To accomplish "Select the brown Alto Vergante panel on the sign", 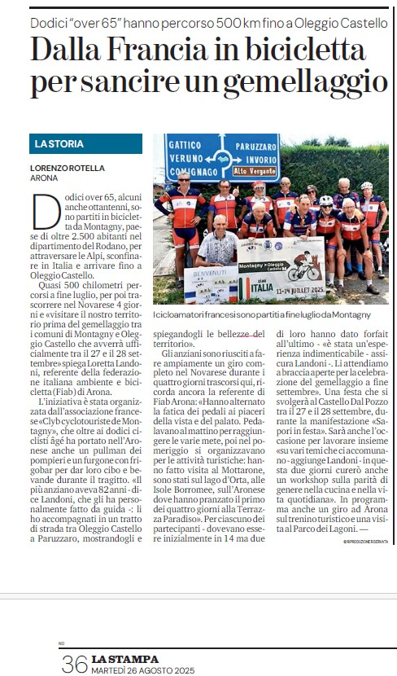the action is [x=254, y=172].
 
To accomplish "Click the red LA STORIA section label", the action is [x=59, y=144].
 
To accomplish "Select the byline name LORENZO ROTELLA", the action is [x=68, y=168].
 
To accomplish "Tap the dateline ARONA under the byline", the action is [x=44, y=178].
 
